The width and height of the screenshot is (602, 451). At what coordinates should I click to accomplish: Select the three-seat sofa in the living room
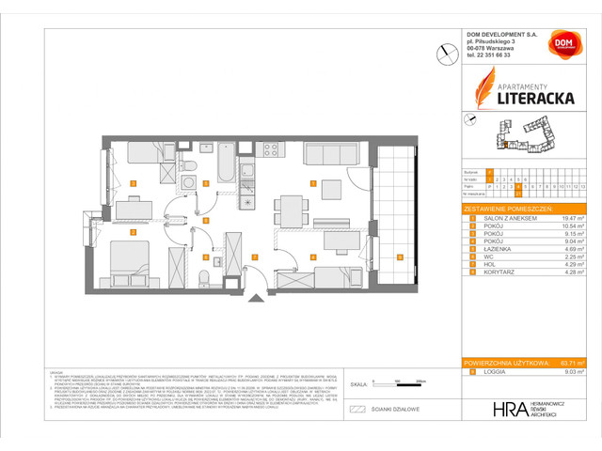[328, 154]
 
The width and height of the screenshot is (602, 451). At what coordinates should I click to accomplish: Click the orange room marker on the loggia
[400, 257]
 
